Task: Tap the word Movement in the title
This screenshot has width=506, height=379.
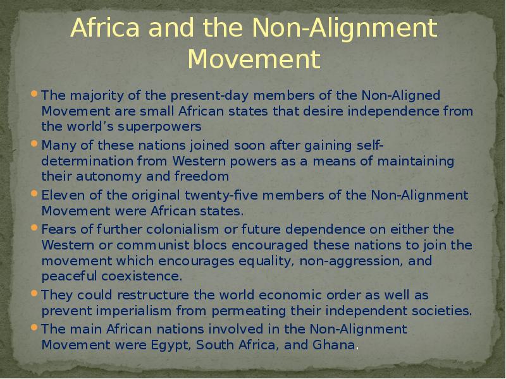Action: [x=254, y=61]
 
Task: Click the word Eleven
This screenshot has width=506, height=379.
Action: [x=59, y=195]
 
